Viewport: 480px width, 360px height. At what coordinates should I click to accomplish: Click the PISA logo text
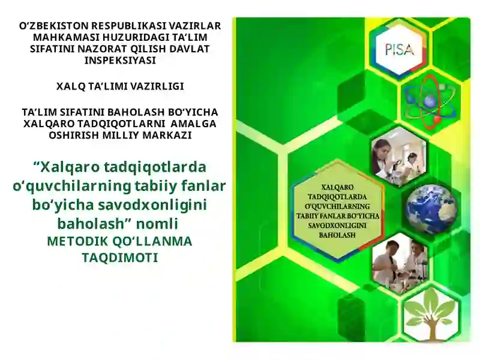(x=399, y=50)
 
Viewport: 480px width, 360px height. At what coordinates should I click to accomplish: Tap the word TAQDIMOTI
(x=119, y=257)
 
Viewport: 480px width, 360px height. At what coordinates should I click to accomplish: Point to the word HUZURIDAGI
(x=129, y=38)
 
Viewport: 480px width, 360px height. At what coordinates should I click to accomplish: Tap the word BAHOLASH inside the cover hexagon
(x=339, y=234)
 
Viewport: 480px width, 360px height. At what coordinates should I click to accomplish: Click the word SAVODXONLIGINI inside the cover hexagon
(x=339, y=224)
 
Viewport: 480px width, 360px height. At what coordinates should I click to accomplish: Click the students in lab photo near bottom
(x=399, y=264)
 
